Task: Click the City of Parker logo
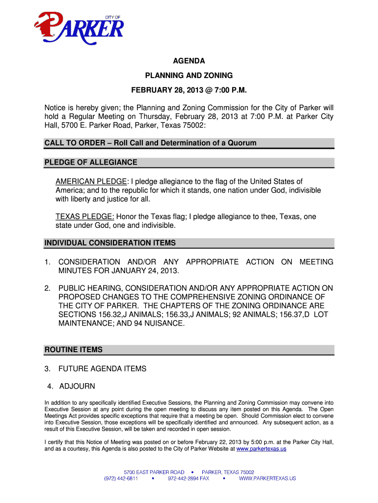pos(78,29)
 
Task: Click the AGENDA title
pos(189,61)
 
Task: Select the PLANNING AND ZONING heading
pos(189,76)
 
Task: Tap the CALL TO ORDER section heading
pos(150,143)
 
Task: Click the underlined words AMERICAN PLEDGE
pos(91,182)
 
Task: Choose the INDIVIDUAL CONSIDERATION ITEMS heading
pos(110,243)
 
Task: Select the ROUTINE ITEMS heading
pos(74,350)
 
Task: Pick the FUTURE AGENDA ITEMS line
pos(102,368)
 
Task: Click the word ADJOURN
pos(77,386)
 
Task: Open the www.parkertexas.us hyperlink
pos(261,449)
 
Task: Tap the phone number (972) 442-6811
pos(121,478)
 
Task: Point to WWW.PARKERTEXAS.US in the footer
pos(268,478)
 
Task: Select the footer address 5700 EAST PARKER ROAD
pos(154,472)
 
